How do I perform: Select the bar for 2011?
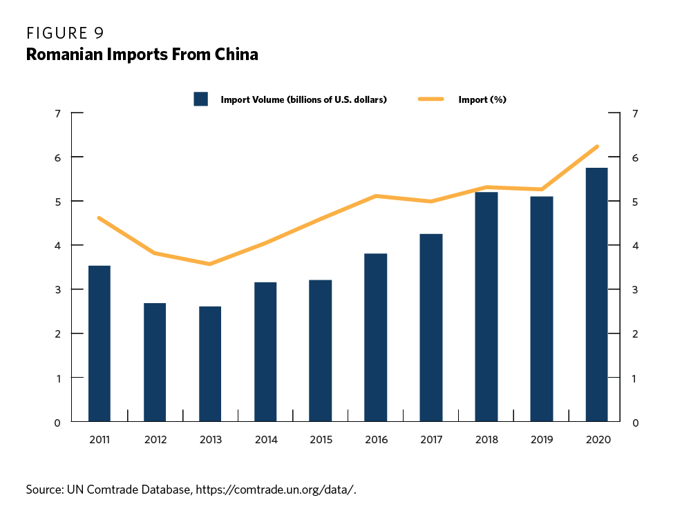100,343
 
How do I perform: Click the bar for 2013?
210,364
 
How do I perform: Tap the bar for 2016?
376,338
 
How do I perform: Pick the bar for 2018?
486,307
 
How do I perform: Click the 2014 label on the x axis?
265,440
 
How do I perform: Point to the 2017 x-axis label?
431,440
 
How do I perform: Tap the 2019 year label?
542,440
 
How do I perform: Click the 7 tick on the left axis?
57,113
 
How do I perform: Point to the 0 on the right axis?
634,422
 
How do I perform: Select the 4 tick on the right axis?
634,246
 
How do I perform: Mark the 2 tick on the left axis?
57,333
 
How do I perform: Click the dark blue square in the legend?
201,99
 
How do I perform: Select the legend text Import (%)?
482,99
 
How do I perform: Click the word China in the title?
236,55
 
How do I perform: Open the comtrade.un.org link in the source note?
276,490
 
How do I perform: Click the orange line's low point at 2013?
209,264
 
